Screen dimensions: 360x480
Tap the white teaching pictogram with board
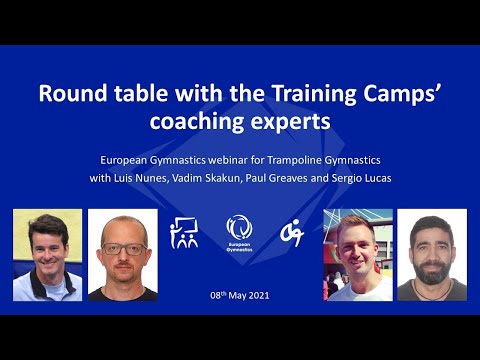tap(184, 232)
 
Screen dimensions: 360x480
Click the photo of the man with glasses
tap(122, 255)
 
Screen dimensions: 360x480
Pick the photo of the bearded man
tap(432, 255)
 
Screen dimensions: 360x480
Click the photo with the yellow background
tap(47, 255)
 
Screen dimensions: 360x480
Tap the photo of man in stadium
tap(357, 255)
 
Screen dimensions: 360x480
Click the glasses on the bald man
tap(123, 247)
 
